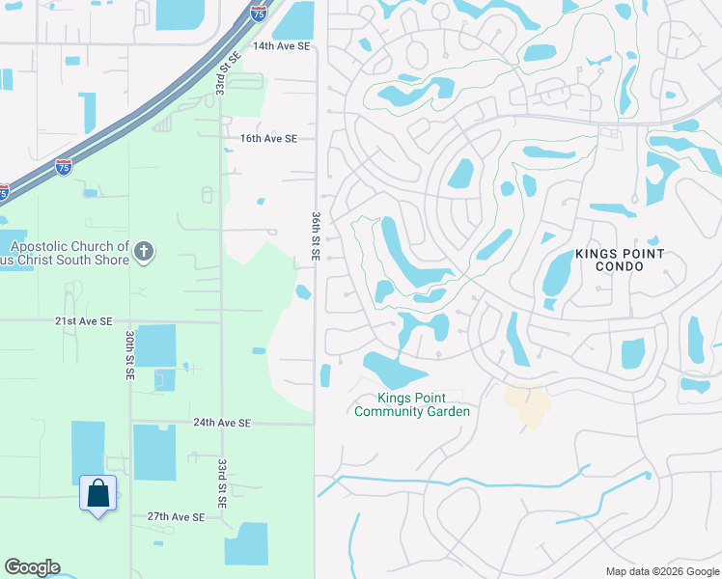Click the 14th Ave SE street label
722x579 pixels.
[281, 45]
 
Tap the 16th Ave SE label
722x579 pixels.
[268, 139]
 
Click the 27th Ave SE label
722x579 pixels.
[176, 517]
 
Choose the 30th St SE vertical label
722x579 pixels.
[128, 354]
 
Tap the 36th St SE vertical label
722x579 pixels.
[316, 237]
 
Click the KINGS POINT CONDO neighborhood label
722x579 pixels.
[620, 260]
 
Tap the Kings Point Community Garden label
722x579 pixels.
[412, 405]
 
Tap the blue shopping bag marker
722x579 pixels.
[98, 494]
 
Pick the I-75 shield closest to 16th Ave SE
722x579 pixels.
[64, 168]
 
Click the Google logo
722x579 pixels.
[32, 567]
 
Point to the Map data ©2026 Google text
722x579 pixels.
[661, 571]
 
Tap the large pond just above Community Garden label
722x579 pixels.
[394, 370]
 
